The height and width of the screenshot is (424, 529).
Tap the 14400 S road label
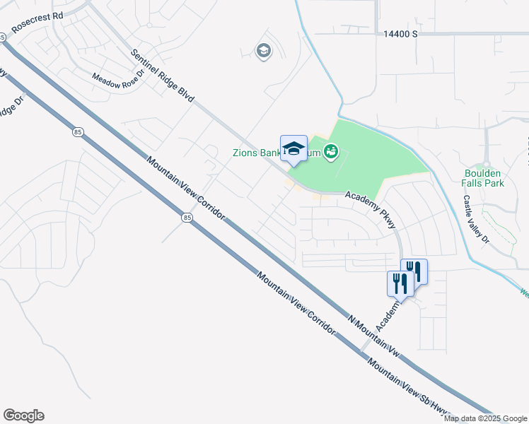click(401, 33)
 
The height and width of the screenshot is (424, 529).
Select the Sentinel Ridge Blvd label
click(163, 78)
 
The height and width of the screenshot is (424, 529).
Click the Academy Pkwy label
click(373, 210)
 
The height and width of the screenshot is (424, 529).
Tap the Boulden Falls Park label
click(482, 177)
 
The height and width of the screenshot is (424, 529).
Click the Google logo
click(23, 416)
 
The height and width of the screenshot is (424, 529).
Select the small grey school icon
click(264, 51)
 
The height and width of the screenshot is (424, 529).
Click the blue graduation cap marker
click(293, 148)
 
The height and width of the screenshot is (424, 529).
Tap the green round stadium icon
click(330, 151)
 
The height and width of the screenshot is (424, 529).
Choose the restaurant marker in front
click(400, 283)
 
